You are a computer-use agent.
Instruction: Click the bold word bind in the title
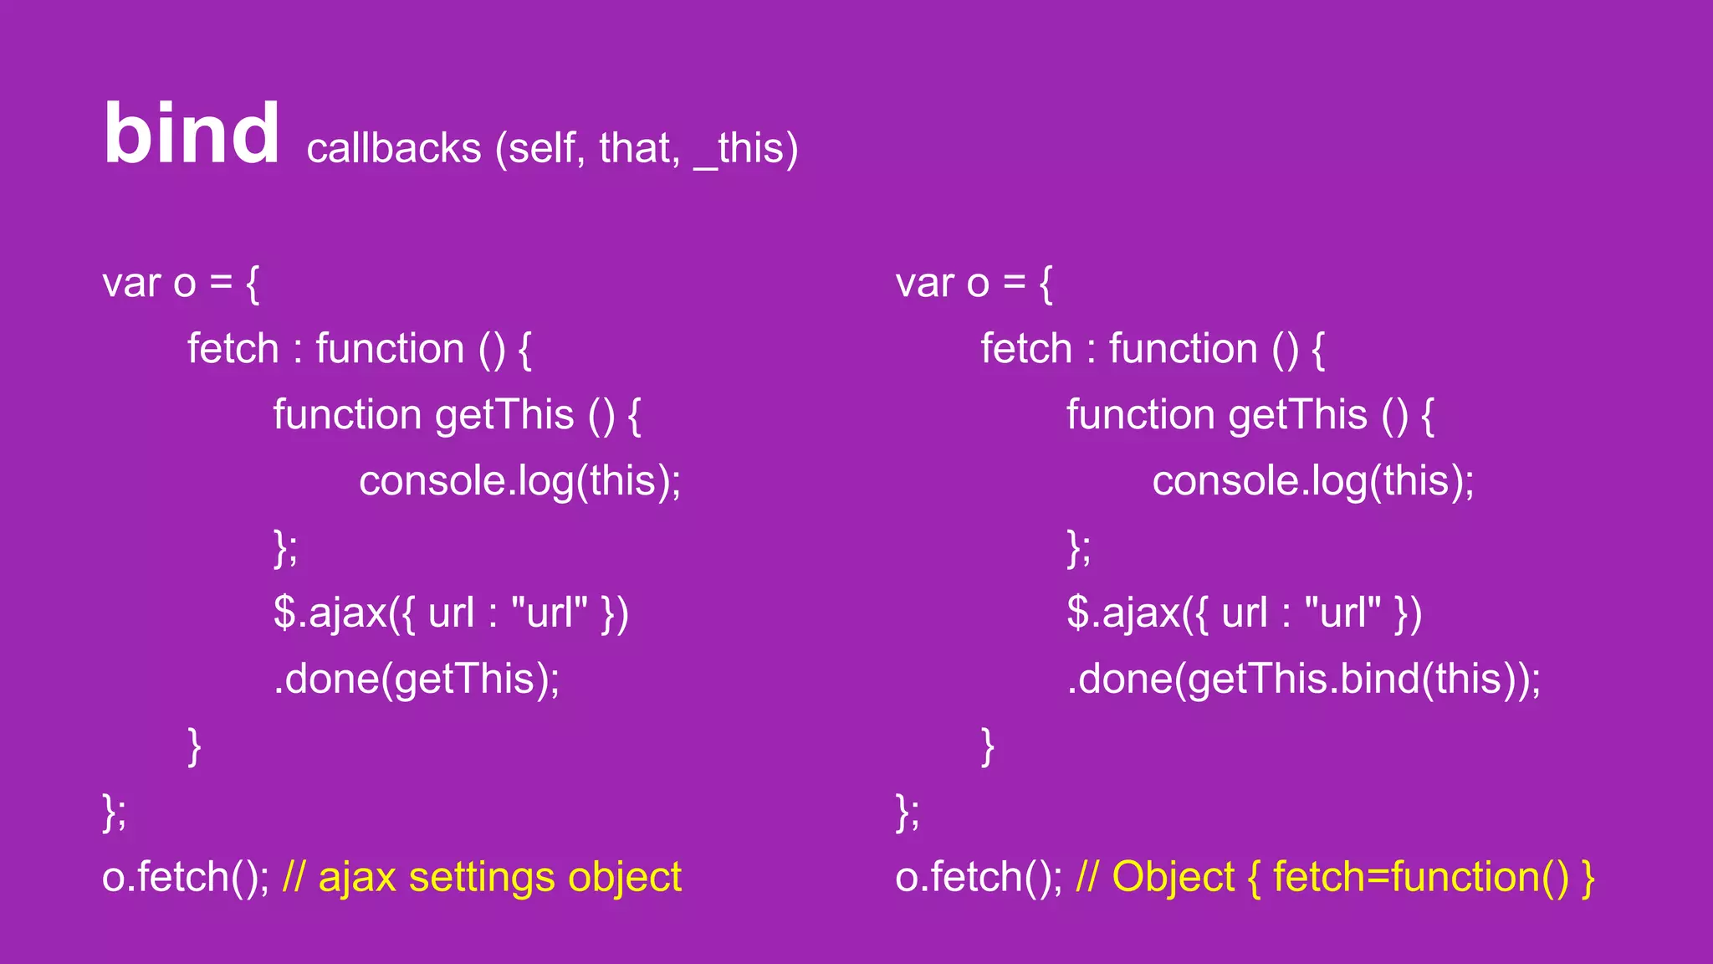[192, 134]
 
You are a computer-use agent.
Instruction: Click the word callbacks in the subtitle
[394, 148]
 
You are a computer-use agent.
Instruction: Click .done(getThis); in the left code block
[417, 679]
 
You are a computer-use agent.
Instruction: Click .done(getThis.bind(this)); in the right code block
[1303, 679]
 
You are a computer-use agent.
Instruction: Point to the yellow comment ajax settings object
[500, 877]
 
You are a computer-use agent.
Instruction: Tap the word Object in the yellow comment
[1173, 877]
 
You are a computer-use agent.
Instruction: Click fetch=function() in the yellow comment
[1421, 877]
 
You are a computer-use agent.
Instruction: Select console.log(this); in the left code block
[519, 481]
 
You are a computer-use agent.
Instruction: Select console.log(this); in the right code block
[1312, 481]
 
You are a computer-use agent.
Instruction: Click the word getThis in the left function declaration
[504, 415]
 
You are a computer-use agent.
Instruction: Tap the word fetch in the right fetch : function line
[1025, 349]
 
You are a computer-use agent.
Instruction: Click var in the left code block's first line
[131, 283]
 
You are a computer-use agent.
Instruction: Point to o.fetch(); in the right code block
[978, 877]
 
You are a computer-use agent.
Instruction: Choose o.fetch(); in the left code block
[185, 877]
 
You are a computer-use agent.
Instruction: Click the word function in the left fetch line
[390, 349]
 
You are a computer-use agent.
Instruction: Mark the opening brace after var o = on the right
[1046, 284]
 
